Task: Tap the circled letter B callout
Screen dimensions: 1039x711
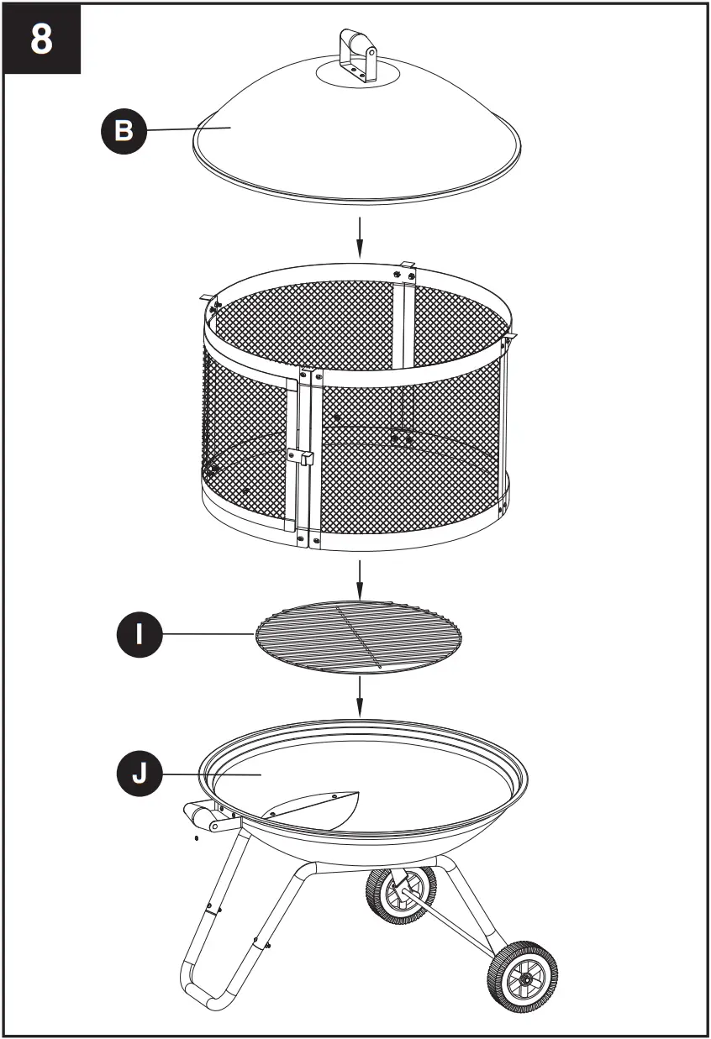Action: pyautogui.click(x=123, y=131)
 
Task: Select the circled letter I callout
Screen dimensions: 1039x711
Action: pyautogui.click(x=138, y=633)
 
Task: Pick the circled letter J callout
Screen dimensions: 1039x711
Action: pyautogui.click(x=138, y=773)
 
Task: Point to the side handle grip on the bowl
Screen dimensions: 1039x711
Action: pyautogui.click(x=199, y=814)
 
